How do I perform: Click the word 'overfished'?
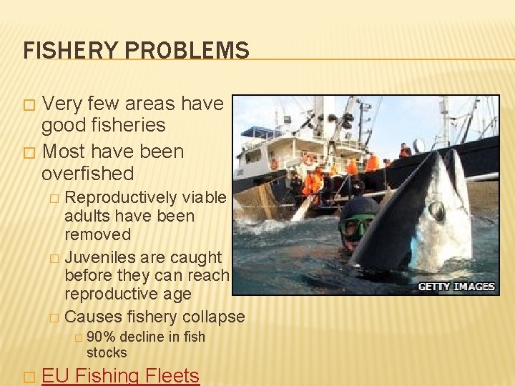(x=88, y=174)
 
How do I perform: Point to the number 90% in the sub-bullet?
(x=102, y=337)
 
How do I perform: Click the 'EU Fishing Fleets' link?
(x=121, y=376)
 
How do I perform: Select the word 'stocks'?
(x=107, y=352)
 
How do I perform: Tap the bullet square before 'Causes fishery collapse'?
(x=53, y=317)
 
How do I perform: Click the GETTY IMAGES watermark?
(x=457, y=286)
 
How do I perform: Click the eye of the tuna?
(x=436, y=212)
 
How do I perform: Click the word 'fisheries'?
(x=104, y=126)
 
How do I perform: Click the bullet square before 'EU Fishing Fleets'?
(x=29, y=377)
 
